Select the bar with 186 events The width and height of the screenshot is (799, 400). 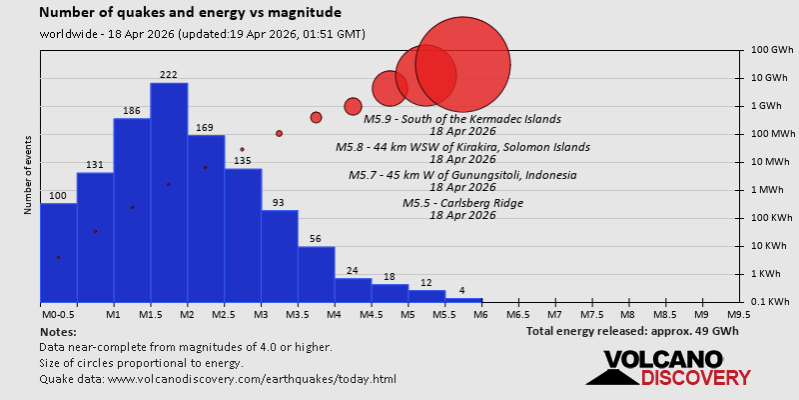pos(132,210)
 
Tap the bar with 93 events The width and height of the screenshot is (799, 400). pos(280,256)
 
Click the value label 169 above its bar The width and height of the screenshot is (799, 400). pos(205,127)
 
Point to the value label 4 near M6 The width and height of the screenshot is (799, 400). pos(461,291)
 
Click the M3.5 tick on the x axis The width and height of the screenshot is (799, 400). pos(298,314)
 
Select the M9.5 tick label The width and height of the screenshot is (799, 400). pos(739,314)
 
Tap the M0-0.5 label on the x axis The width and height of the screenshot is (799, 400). pos(58,314)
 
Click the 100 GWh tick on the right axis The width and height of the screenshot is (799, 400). pos(766,50)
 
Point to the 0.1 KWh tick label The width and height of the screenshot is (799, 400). pos(766,302)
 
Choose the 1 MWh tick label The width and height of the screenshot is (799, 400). pos(765,190)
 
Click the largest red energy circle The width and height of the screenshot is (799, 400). pos(462,64)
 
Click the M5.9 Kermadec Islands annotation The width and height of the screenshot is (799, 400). pos(462,119)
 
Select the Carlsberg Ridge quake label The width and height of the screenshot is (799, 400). pos(462,203)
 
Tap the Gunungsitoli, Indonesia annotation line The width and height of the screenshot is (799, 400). pos(462,175)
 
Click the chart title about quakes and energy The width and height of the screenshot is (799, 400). pos(190,13)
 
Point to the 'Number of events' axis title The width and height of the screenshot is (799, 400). pos(27,178)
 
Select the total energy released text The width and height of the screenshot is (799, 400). pos(632,330)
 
